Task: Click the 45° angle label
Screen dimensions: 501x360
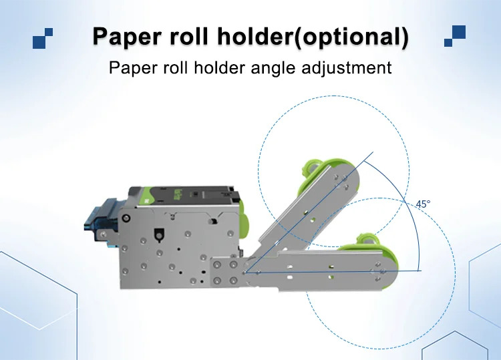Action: pos(423,204)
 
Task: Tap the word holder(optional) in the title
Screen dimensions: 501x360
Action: pos(313,37)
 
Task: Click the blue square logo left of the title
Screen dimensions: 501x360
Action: pos(43,38)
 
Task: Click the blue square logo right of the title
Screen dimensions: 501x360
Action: pos(455,36)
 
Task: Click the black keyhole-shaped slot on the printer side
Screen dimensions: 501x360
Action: pos(158,235)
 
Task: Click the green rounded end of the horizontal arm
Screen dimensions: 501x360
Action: pos(393,268)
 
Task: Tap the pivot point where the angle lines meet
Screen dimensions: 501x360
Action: pos(244,273)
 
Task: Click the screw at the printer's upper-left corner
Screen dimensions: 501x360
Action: pos(127,218)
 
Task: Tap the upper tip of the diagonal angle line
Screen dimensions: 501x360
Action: pos(373,152)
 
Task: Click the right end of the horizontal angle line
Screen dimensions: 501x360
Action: pos(422,271)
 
